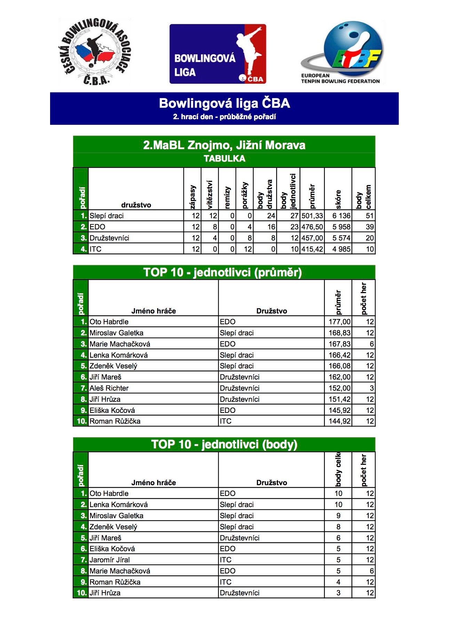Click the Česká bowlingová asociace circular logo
[x=94, y=52]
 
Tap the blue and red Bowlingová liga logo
[x=218, y=54]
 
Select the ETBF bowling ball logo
[x=343, y=52]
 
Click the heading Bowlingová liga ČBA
[x=224, y=103]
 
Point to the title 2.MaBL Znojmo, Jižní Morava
[x=224, y=145]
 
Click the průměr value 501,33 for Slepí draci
[x=312, y=216]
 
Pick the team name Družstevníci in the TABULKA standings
[x=109, y=238]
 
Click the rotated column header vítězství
[x=209, y=194]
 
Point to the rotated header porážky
[x=244, y=195]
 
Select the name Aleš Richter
[x=109, y=388]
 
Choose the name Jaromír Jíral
[x=110, y=560]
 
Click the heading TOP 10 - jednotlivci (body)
[x=224, y=445]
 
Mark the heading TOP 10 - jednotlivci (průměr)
[x=223, y=272]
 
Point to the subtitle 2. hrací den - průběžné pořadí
[x=224, y=117]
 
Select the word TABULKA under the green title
[x=224, y=158]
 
